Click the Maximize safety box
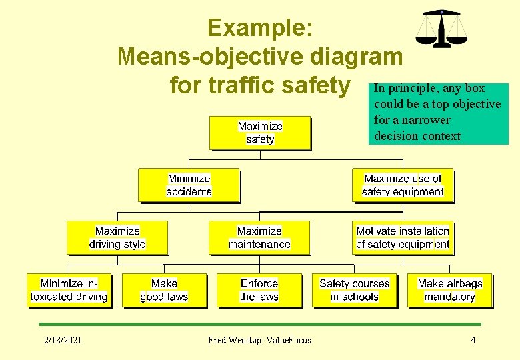[260, 133]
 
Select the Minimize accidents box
[189, 185]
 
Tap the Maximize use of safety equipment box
[403, 185]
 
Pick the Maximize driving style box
[117, 237]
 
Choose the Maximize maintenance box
[259, 237]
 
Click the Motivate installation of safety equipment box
[403, 237]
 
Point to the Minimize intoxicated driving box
[69, 290]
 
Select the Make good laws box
[164, 290]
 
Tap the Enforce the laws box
[259, 290]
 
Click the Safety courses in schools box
[354, 290]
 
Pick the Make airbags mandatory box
[449, 290]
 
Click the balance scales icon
[441, 29]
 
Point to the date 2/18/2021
[63, 340]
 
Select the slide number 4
[473, 340]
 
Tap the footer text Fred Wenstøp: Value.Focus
[259, 340]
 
